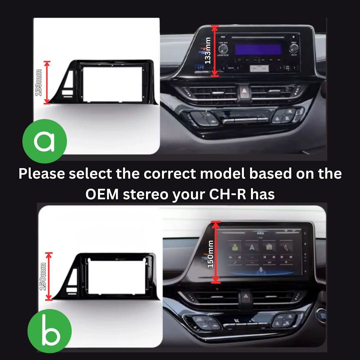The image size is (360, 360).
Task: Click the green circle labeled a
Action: click(x=44, y=141)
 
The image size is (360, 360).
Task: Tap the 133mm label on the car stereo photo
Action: click(x=208, y=50)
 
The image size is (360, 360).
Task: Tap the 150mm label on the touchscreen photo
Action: click(x=210, y=254)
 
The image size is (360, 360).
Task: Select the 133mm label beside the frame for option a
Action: click(x=39, y=83)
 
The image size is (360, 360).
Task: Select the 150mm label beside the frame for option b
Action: click(x=43, y=276)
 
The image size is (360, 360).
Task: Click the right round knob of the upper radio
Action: click(x=294, y=49)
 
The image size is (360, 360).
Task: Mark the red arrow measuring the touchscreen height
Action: click(x=216, y=252)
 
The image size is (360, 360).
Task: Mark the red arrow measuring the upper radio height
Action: click(x=215, y=51)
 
